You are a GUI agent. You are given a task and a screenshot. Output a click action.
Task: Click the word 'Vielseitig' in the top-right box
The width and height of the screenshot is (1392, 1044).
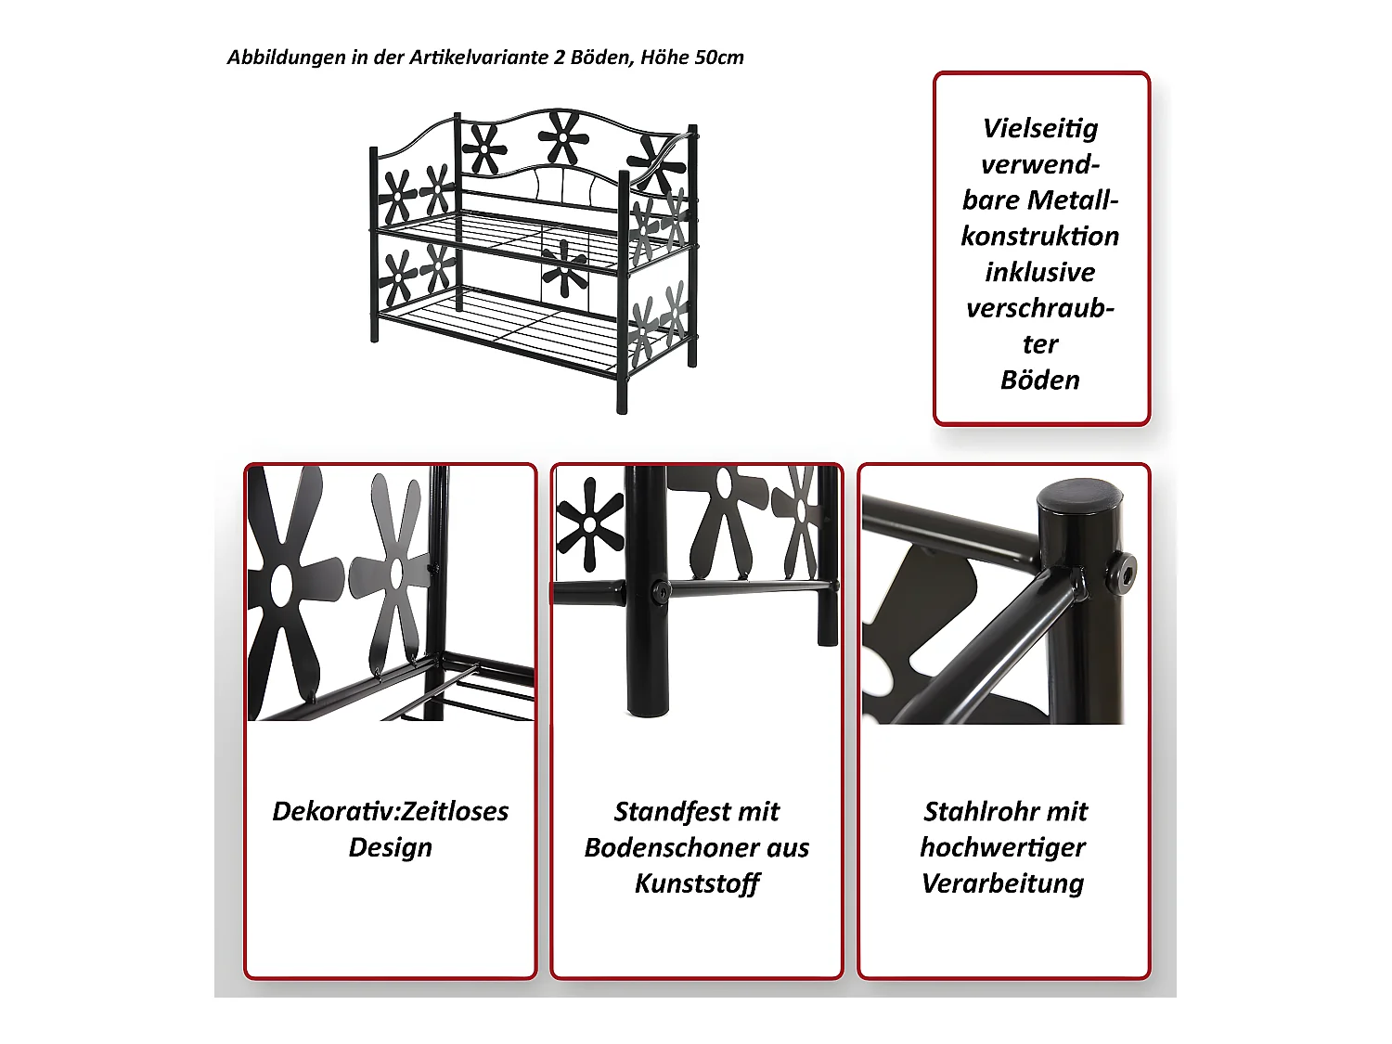(1039, 128)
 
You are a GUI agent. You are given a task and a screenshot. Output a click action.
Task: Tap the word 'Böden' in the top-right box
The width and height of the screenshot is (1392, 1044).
(1039, 380)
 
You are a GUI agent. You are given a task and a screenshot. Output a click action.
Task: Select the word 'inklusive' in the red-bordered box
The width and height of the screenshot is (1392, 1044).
(1039, 272)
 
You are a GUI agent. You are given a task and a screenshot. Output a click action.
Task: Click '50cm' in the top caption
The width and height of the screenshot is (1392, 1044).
(718, 58)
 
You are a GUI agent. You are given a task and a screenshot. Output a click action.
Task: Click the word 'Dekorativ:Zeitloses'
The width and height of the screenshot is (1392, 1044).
(390, 811)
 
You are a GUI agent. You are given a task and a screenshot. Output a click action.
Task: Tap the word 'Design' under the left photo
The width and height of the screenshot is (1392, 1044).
(390, 847)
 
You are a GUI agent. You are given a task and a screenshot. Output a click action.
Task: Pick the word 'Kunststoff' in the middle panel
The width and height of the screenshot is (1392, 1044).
(696, 883)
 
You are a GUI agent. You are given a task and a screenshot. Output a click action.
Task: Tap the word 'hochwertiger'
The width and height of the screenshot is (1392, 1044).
(1002, 847)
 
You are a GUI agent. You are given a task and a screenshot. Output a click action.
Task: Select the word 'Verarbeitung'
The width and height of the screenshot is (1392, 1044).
(1002, 883)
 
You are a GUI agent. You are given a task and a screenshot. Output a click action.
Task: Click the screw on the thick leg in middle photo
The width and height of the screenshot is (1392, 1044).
(659, 592)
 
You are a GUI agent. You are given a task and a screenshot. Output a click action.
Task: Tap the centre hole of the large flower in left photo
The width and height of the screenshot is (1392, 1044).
(281, 584)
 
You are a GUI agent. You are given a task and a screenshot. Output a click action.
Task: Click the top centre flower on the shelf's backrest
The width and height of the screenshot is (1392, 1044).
(562, 137)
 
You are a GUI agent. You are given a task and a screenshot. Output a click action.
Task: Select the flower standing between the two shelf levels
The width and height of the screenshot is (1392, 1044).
(564, 268)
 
